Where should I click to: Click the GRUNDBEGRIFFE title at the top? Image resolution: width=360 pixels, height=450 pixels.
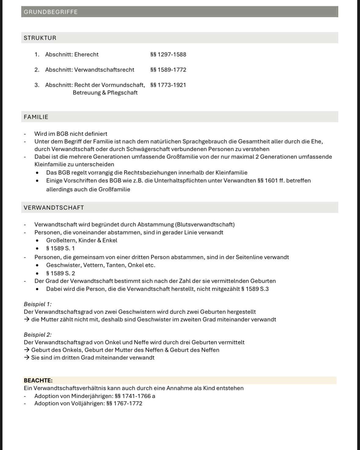click(51, 12)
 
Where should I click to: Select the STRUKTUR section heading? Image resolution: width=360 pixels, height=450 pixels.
click(40, 38)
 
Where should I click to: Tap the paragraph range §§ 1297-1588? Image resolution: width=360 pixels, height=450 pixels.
click(168, 54)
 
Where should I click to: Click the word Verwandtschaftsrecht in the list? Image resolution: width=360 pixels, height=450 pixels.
click(104, 70)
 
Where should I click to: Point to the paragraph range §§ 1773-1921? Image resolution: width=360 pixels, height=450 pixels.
click(168, 85)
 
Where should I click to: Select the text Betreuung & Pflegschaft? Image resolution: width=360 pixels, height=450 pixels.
click(105, 93)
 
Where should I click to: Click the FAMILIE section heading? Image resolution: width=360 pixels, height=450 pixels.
click(36, 117)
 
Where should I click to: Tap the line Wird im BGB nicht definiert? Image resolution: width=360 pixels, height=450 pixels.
click(71, 134)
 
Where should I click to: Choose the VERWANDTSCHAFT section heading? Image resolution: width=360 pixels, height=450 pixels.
click(54, 208)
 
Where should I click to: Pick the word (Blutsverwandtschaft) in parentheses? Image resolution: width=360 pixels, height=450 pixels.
click(205, 224)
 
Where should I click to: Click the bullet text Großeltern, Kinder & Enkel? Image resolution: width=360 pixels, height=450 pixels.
click(82, 240)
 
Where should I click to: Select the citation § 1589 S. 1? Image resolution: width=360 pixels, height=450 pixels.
click(60, 248)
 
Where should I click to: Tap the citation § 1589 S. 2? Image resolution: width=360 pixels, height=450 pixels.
click(60, 273)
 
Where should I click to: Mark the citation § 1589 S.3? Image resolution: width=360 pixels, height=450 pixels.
click(255, 289)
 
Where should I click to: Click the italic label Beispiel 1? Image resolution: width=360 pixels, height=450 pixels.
click(38, 304)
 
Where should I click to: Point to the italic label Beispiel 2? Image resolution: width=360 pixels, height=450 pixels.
click(38, 335)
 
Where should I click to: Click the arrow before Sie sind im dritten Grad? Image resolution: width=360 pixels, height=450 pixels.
click(27, 357)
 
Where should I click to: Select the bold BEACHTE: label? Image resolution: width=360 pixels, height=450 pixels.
click(38, 380)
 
